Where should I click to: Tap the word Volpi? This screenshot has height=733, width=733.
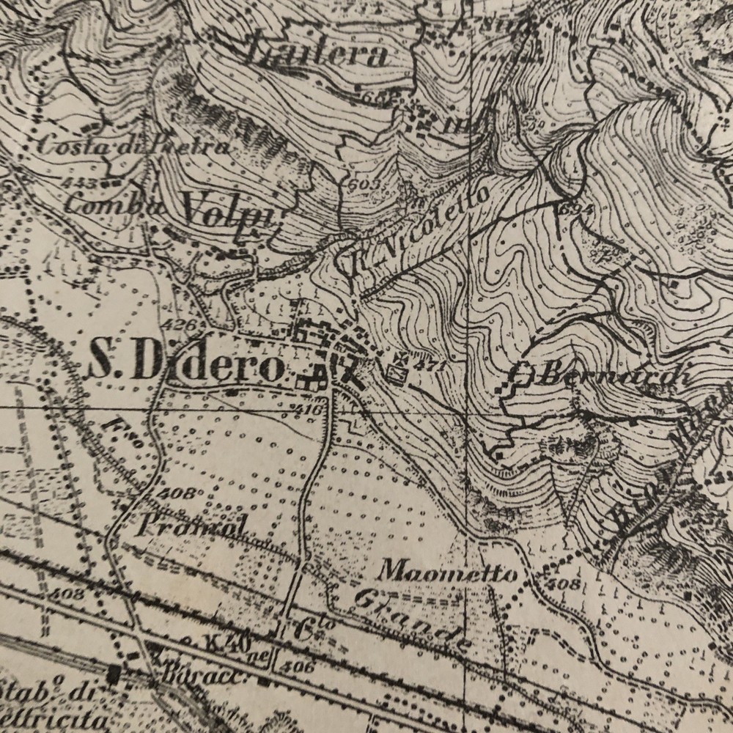(227, 212)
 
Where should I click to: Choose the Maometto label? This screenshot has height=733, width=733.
(450, 572)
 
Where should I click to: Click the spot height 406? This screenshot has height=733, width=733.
(301, 667)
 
